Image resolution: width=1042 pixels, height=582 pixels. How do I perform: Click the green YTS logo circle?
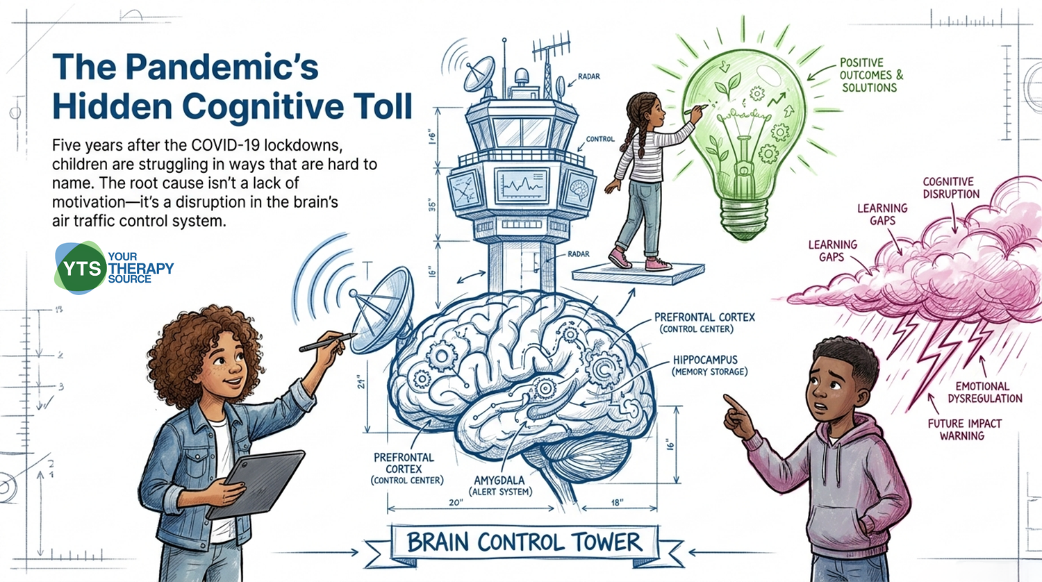click(81, 269)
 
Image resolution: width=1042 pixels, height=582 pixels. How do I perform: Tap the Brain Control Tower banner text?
click(524, 542)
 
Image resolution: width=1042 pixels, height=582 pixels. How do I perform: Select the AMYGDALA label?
click(499, 480)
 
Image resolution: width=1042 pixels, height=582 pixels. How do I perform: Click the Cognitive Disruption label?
click(951, 188)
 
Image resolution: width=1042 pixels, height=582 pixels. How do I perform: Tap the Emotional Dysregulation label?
click(985, 392)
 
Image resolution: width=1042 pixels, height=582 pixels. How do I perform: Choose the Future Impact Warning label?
click(964, 429)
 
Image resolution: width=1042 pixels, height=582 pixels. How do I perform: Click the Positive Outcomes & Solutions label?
click(871, 75)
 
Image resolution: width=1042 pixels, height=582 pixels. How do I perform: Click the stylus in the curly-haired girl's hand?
click(327, 342)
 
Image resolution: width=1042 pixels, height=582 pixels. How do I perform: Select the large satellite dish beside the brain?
click(382, 308)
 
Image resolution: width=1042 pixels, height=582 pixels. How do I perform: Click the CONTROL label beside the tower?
click(600, 139)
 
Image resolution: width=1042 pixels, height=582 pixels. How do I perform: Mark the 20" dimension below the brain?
click(456, 503)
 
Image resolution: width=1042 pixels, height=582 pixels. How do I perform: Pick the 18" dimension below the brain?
click(617, 503)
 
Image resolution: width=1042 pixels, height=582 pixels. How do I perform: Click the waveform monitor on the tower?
click(521, 185)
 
